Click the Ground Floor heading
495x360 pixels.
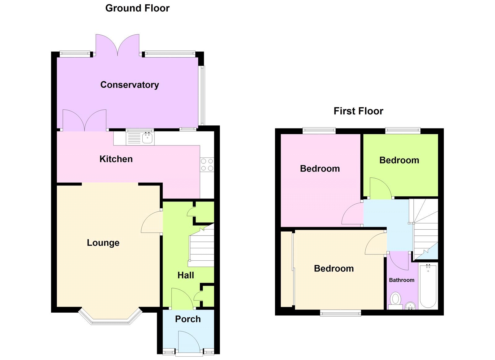[137, 8]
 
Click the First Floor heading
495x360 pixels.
[358, 111]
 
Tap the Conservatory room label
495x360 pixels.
[130, 85]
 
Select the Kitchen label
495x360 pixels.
[116, 159]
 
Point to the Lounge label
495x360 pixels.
[103, 243]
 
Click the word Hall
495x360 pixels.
[186, 275]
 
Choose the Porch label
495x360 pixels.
[188, 319]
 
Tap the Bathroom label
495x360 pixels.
[402, 280]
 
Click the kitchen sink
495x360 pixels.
[147, 138]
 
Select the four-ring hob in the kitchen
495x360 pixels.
[207, 165]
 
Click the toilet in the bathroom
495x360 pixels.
[395, 300]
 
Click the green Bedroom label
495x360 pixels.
[399, 160]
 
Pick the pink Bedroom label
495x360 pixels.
[320, 169]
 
